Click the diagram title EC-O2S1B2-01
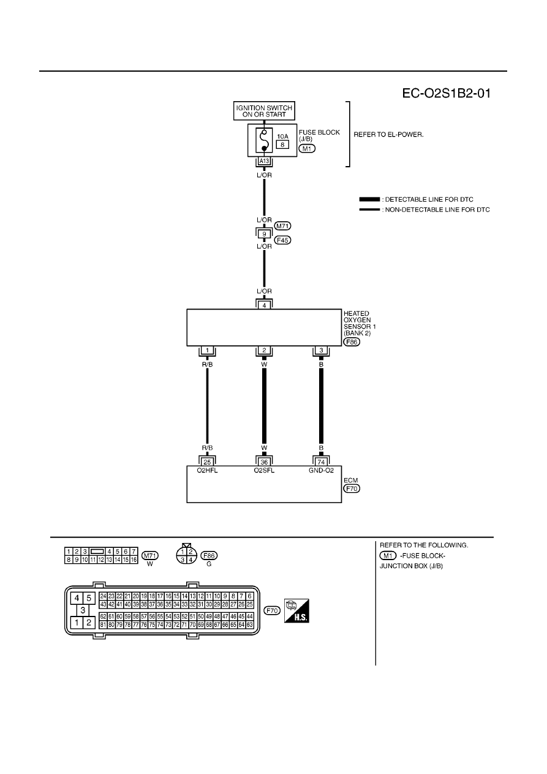[446, 93]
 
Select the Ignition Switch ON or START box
[264, 111]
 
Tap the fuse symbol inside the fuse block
[264, 140]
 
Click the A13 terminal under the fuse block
[264, 161]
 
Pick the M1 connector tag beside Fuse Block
[307, 148]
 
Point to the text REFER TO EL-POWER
[388, 135]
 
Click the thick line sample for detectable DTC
[369, 199]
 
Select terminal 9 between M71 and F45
[264, 234]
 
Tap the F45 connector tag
[282, 240]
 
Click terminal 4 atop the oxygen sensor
[264, 305]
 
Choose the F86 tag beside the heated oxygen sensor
[352, 342]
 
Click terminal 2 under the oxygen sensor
[264, 351]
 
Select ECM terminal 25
[207, 462]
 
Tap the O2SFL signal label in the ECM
[264, 470]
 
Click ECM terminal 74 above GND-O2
[321, 462]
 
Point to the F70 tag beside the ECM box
[352, 488]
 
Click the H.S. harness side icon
[296, 611]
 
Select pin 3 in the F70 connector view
[83, 610]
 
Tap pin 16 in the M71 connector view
[134, 560]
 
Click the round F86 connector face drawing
[186, 555]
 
